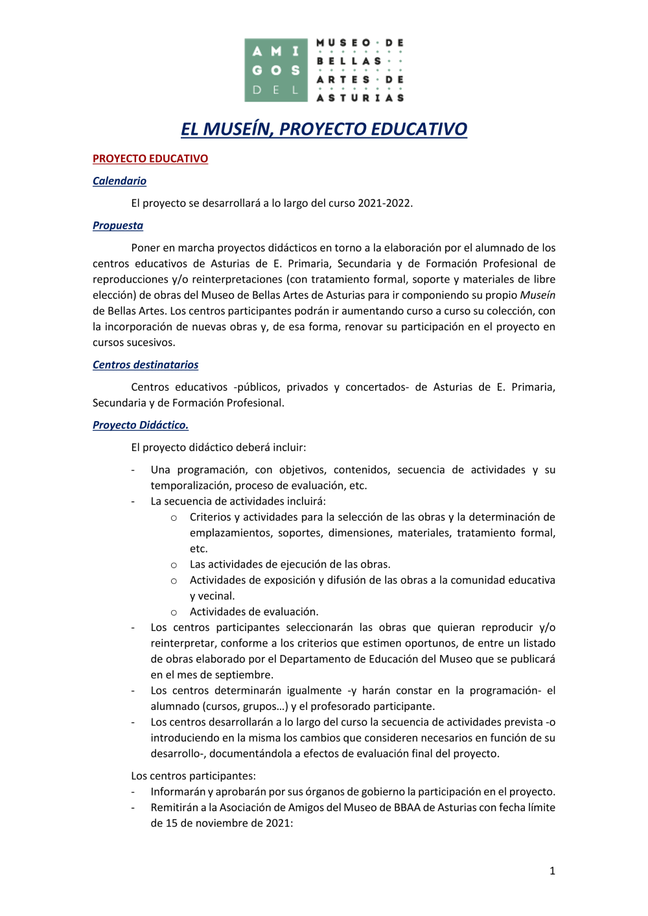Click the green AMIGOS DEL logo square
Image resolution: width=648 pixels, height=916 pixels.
pos(275,70)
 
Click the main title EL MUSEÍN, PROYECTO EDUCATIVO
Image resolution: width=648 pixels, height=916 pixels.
pos(324,129)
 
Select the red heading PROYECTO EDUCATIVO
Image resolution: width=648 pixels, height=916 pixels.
pos(150,159)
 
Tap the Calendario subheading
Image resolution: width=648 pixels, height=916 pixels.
pos(119,181)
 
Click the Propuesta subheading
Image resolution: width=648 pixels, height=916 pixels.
pos(118,225)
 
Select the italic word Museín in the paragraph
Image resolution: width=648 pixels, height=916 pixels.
pos(537,295)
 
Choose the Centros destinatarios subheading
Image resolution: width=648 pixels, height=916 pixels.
pos(145,365)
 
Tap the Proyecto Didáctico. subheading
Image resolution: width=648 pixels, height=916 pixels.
pos(140,425)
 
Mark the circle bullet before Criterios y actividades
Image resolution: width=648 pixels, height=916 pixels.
pos(174,518)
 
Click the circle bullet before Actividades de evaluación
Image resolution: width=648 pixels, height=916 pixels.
pos(174,612)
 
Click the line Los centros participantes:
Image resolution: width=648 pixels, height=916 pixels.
pos(193,775)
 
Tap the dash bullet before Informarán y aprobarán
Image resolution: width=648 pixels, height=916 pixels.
pos(133,792)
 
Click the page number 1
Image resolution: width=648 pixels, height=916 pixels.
pos(552,871)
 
